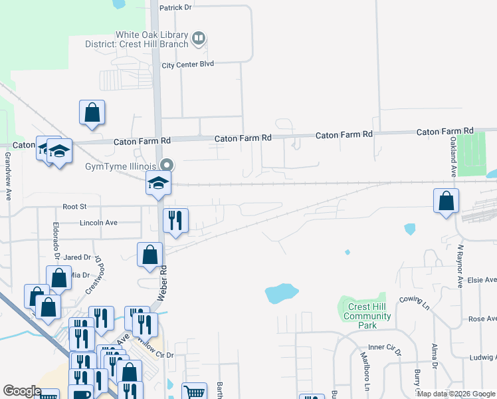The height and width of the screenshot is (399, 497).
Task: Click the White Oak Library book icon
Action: pyautogui.click(x=198, y=39)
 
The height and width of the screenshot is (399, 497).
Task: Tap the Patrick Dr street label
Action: pyautogui.click(x=175, y=7)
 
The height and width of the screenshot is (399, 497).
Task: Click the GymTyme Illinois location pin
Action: pyautogui.click(x=167, y=164)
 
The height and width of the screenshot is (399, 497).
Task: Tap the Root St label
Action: pyautogui.click(x=74, y=207)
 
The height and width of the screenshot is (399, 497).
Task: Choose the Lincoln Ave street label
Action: pyautogui.click(x=98, y=223)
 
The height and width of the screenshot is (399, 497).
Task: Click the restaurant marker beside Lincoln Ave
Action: pyautogui.click(x=175, y=221)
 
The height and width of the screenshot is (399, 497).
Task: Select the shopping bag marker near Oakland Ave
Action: pyautogui.click(x=446, y=201)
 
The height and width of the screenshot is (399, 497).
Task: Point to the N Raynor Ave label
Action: pyautogui.click(x=459, y=266)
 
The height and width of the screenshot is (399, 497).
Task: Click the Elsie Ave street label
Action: pyautogui.click(x=482, y=281)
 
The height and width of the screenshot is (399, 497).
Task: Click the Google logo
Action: pyautogui.click(x=21, y=391)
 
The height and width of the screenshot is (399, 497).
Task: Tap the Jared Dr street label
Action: pyautogui.click(x=77, y=257)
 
